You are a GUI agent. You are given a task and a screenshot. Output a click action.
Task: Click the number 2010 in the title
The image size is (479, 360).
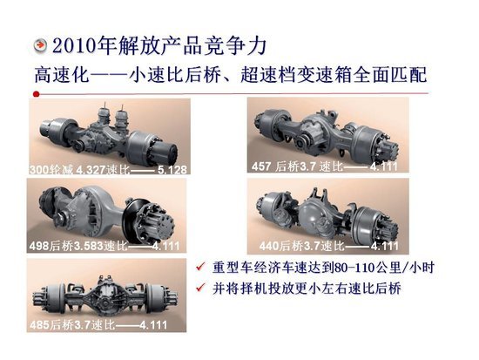(72, 44)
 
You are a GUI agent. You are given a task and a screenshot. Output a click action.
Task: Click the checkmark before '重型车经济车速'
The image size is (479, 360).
(202, 266)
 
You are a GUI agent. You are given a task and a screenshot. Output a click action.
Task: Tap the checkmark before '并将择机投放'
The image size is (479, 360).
(202, 287)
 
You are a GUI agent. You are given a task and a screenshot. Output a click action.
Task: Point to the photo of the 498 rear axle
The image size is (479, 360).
(109, 214)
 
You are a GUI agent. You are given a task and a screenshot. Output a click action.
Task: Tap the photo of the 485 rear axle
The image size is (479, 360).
(109, 296)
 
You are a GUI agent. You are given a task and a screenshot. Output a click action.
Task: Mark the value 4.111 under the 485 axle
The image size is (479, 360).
(156, 326)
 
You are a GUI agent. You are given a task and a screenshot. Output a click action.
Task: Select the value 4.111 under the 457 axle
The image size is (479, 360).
(382, 166)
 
